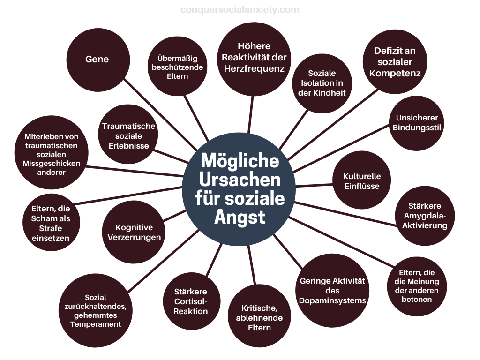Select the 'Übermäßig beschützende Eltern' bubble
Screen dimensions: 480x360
click(178, 67)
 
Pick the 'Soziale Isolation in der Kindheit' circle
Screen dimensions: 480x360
click(322, 83)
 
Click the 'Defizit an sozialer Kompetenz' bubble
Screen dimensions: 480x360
click(395, 61)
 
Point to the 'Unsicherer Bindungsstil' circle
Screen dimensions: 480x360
click(417, 123)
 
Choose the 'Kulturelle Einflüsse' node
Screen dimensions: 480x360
click(362, 180)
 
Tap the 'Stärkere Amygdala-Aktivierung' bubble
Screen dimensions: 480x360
click(425, 216)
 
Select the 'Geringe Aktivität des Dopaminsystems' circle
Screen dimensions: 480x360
click(332, 291)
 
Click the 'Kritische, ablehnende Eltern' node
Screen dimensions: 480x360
click(259, 316)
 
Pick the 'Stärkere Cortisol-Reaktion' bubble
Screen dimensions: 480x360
click(191, 301)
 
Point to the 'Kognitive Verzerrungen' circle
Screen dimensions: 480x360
click(134, 232)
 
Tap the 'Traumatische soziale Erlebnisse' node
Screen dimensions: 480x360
click(128, 135)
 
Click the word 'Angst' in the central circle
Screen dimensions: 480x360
click(240, 217)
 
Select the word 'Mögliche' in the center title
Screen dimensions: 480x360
click(240, 160)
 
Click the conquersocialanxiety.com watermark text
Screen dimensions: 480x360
click(240, 10)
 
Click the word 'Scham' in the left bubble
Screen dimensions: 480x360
click(51, 218)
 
